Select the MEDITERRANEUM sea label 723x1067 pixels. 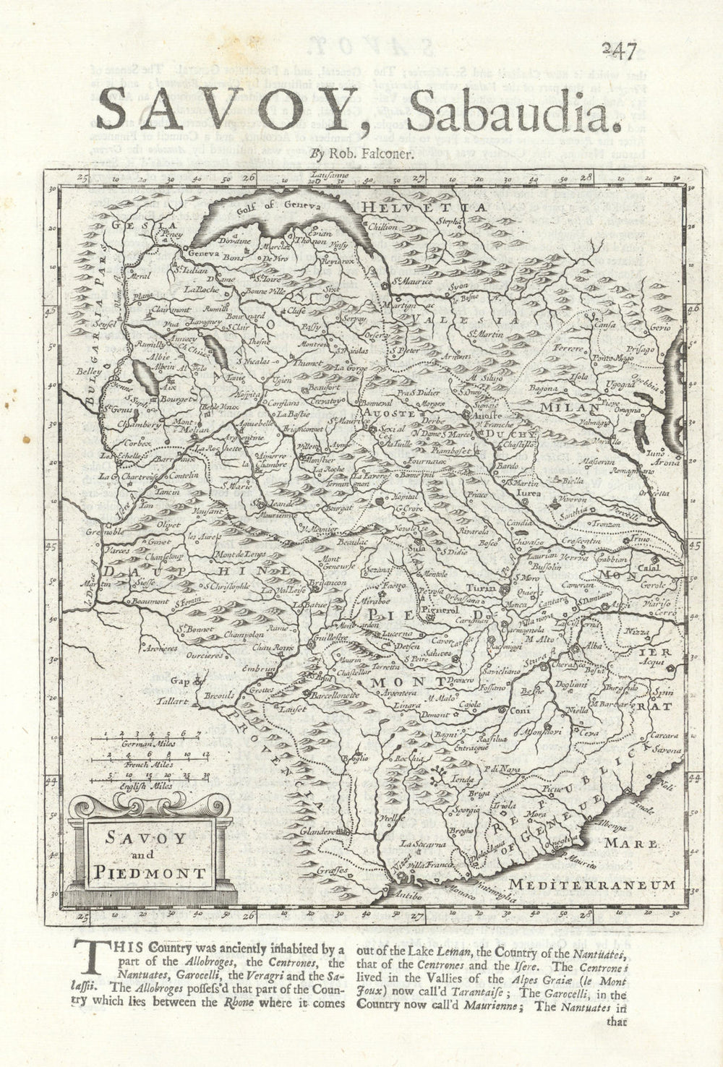pyautogui.click(x=592, y=884)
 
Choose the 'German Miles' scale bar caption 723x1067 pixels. pyautogui.click(x=142, y=742)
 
